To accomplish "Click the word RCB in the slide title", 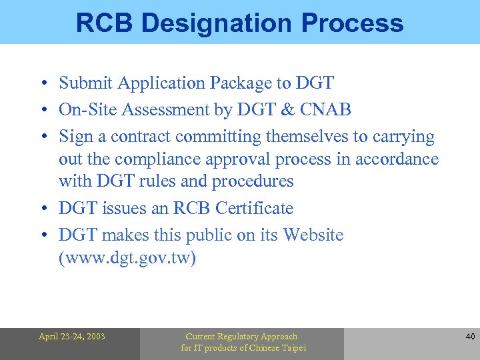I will click(x=104, y=23).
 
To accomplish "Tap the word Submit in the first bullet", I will click(x=85, y=83).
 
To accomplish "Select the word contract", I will click(x=140, y=137).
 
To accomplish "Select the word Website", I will click(x=313, y=235).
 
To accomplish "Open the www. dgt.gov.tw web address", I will click(x=127, y=257).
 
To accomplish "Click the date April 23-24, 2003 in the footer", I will click(x=71, y=337).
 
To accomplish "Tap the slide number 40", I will click(x=470, y=337).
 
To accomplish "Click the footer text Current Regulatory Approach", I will click(x=241, y=337).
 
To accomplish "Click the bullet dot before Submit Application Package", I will click(x=42, y=84).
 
